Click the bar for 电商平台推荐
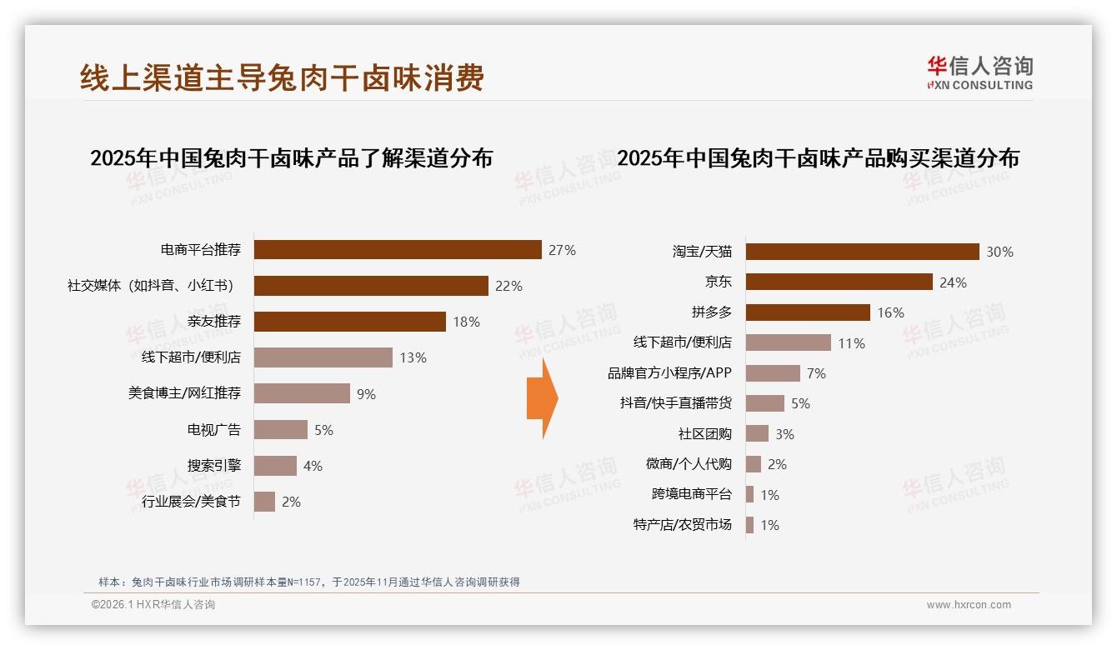tap(398, 250)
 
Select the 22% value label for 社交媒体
tap(508, 286)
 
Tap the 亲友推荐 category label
tap(214, 322)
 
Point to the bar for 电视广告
tap(281, 430)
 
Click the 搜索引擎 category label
tap(214, 465)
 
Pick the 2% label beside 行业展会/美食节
tap(291, 502)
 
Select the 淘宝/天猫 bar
tap(862, 252)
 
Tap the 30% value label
tap(999, 252)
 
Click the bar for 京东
tap(839, 282)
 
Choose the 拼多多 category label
tap(711, 312)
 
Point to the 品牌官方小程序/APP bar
tap(773, 373)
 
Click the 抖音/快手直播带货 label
tap(675, 403)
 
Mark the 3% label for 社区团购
tap(784, 434)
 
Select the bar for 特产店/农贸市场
tap(749, 525)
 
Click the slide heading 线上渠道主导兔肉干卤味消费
tap(282, 78)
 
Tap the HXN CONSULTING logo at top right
tap(979, 73)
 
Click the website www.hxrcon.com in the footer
tap(969, 605)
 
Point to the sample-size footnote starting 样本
tap(308, 582)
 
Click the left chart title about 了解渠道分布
tap(291, 157)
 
